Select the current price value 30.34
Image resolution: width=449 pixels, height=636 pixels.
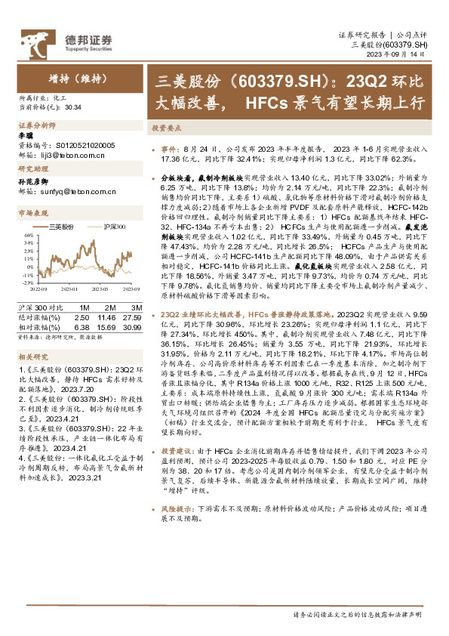point(74,107)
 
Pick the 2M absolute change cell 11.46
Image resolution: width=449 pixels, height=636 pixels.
point(103,318)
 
